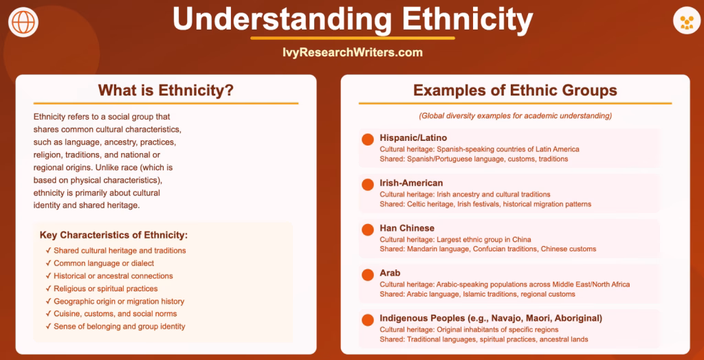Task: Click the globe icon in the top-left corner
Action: pos(23,22)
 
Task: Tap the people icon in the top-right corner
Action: pos(687,21)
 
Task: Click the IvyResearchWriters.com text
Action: pos(353,52)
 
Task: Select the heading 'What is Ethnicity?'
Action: pos(166,90)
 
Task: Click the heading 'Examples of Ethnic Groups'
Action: pos(515,90)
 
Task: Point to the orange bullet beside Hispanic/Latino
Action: pos(368,139)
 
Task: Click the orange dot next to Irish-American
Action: pos(368,185)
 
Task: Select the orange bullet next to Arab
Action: pos(368,275)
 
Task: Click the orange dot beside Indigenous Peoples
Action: pos(368,320)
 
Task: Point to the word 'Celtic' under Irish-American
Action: pos(417,204)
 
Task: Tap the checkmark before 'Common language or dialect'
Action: pos(47,263)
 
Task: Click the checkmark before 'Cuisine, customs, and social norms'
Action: pos(47,314)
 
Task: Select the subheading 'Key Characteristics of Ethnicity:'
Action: pos(113,235)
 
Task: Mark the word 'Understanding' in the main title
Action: pos(281,19)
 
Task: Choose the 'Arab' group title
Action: pos(390,273)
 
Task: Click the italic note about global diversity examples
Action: pos(516,116)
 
